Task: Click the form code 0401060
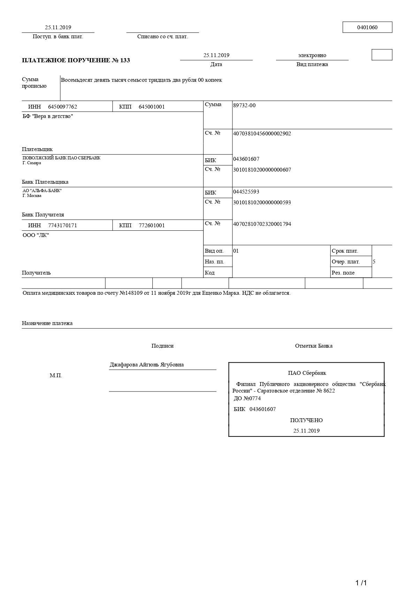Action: [367, 27]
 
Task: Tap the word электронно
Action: [312, 55]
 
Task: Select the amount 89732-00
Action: [244, 105]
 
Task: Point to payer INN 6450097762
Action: [62, 107]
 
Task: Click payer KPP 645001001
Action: [152, 107]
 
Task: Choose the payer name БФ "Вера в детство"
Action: [48, 116]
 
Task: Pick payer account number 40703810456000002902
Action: [262, 134]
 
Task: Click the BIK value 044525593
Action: [246, 192]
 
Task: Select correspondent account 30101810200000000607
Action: [262, 170]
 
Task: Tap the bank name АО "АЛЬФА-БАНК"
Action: [42, 191]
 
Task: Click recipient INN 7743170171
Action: [62, 226]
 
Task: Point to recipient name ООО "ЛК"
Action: [36, 235]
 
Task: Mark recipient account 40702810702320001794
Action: [262, 224]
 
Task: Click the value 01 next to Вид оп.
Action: [236, 251]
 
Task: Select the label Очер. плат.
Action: [346, 262]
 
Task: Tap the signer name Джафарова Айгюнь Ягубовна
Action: [147, 365]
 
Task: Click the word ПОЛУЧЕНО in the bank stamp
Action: [306, 420]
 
